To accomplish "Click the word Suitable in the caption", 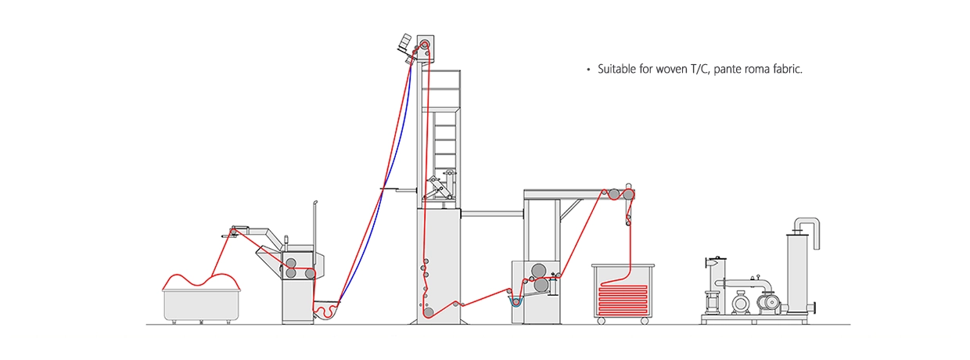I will tap(617, 70).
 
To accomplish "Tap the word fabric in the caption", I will tap(785, 70).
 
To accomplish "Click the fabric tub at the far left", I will tap(200, 305).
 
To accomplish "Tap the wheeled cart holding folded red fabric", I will tap(621, 293).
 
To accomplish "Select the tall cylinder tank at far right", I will tap(798, 274).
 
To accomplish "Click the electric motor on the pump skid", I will tap(738, 301).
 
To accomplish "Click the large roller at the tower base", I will tap(429, 312).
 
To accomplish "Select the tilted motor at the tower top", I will tap(404, 42).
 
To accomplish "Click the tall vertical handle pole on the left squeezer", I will tap(314, 227).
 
